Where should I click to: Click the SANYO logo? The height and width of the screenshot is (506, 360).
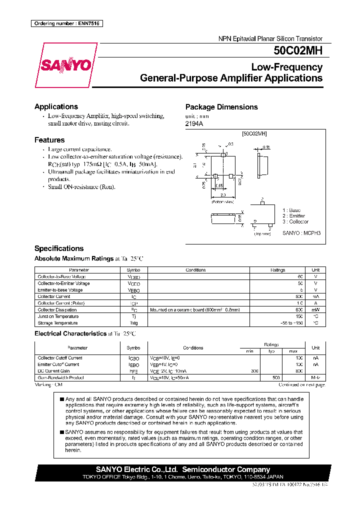[x=65, y=65]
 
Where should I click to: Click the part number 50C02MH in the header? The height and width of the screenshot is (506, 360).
[x=297, y=50]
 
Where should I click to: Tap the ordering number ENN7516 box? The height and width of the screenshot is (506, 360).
[x=66, y=23]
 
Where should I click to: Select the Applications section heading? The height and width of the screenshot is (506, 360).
[x=56, y=106]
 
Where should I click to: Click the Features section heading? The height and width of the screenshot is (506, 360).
[x=49, y=140]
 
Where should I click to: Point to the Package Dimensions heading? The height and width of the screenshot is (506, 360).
[x=221, y=107]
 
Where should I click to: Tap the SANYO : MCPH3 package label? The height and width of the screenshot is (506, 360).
[x=301, y=233]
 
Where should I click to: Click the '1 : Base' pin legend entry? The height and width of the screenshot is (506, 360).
[x=291, y=210]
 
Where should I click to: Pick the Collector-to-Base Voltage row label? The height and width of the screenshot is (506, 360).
[x=61, y=276]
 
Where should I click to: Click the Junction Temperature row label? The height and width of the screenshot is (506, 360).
[x=58, y=316]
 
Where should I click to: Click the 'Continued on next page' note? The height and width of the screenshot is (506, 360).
[x=301, y=384]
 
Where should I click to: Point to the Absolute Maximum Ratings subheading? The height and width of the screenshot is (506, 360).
[x=74, y=258]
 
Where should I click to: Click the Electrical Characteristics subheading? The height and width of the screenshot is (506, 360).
[x=70, y=333]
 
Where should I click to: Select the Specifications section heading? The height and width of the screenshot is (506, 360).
[x=59, y=248]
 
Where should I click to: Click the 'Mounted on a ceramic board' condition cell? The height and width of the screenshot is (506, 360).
[x=195, y=310]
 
